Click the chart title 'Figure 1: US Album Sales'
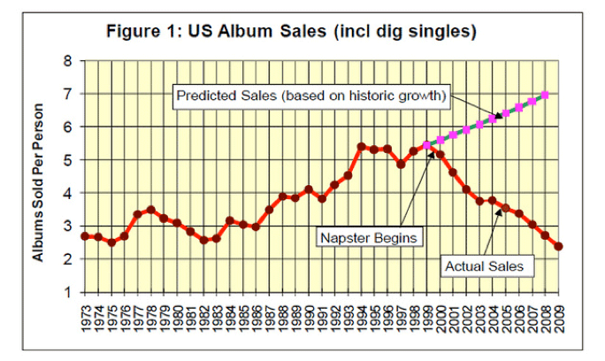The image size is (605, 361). (x=292, y=33)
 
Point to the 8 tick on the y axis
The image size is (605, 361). (x=68, y=61)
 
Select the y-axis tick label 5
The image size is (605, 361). (x=68, y=159)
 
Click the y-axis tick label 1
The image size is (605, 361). (x=68, y=292)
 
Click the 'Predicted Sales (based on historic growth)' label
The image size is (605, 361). (x=310, y=95)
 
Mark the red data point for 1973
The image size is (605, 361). (x=85, y=235)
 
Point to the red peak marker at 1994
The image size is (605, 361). (x=361, y=147)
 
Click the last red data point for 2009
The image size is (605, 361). (x=558, y=247)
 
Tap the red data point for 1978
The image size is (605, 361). (x=150, y=210)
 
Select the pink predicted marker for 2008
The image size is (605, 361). (x=545, y=96)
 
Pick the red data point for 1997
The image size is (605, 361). (x=401, y=164)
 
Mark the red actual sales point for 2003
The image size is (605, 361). (x=479, y=201)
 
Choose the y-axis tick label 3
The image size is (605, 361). (x=68, y=226)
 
